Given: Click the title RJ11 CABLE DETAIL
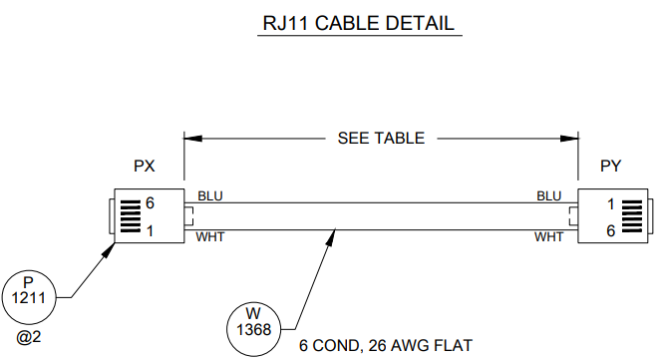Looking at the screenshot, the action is tap(359, 23).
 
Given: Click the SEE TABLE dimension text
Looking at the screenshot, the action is tap(381, 138).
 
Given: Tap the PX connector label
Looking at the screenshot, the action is tap(145, 166).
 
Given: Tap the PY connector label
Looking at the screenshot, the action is tap(610, 166).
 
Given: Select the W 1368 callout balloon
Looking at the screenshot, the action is tap(253, 329).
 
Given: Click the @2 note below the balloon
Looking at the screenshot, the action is tap(29, 337).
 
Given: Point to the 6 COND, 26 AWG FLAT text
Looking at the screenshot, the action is tap(386, 346).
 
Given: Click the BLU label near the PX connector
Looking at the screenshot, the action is tap(210, 196).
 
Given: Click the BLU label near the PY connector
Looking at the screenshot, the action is tap(548, 196).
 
